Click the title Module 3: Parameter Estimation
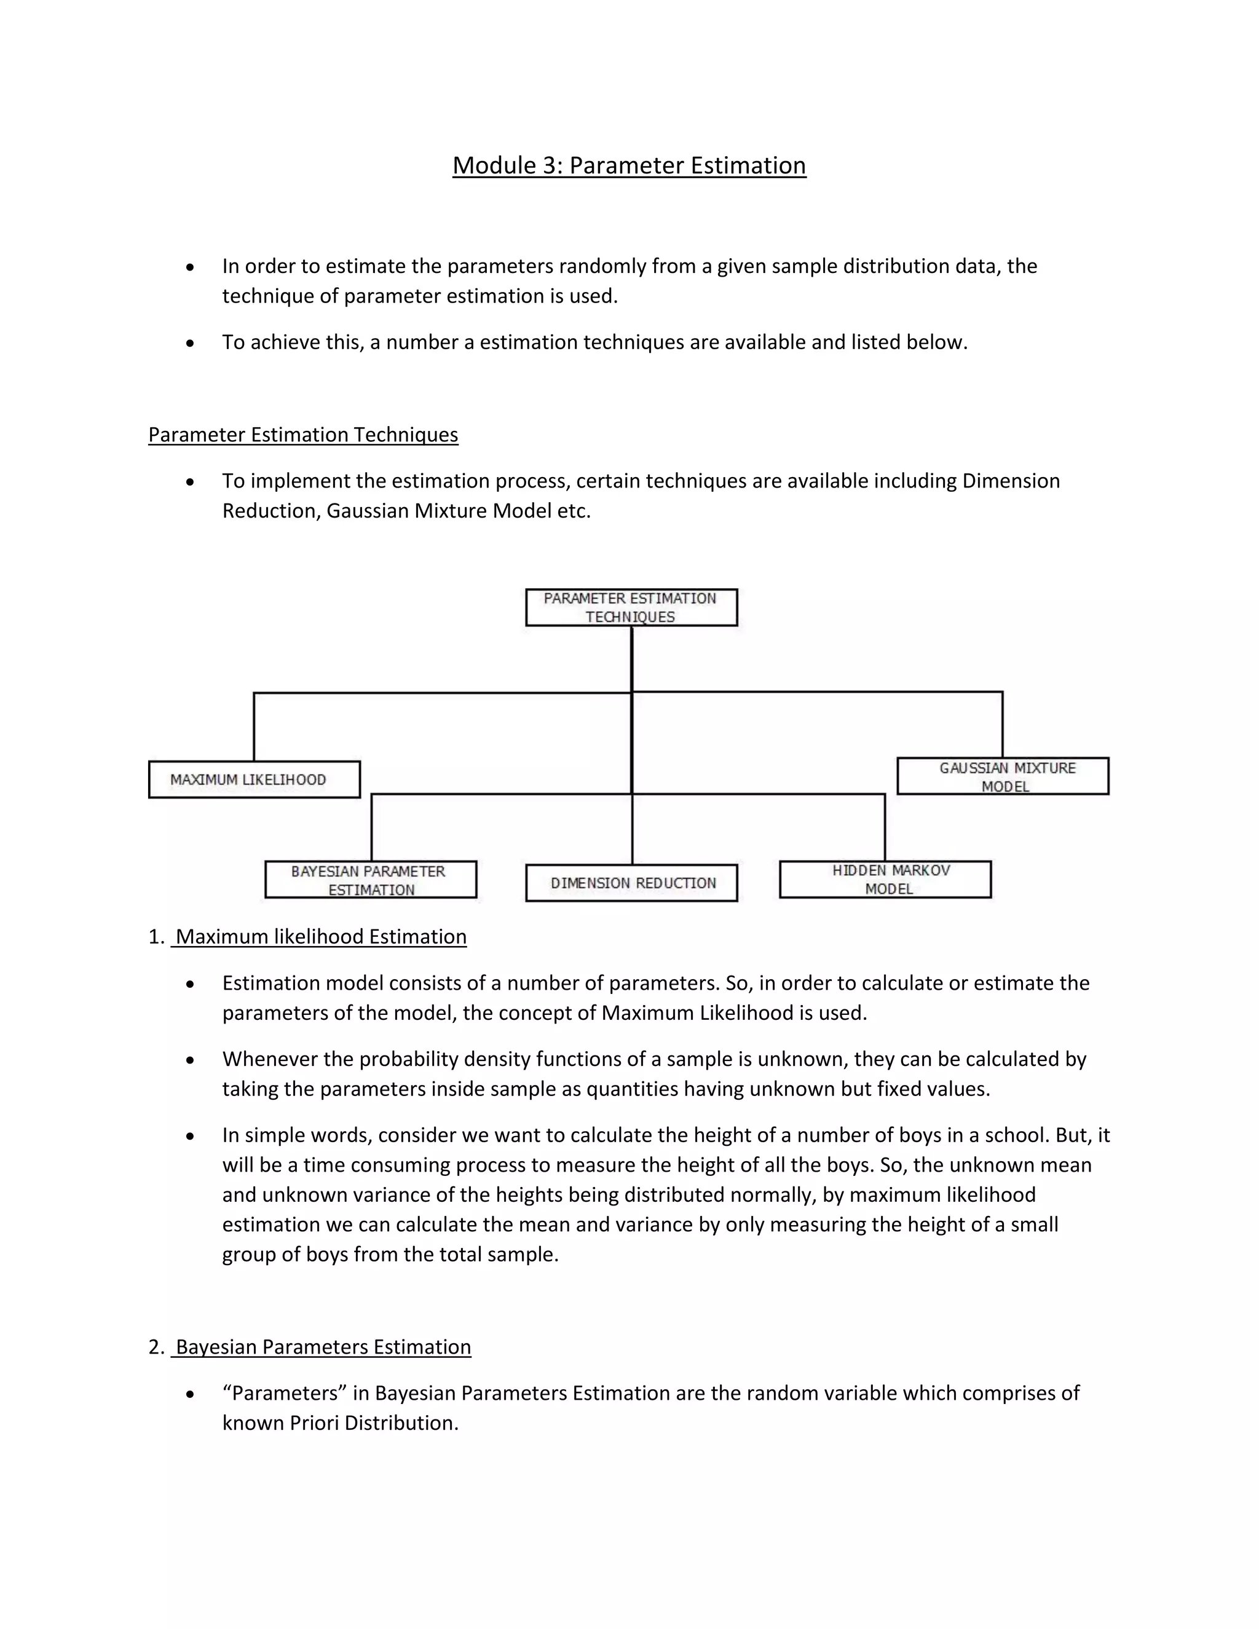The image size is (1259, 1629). (629, 165)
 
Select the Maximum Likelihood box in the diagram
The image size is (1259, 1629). (255, 779)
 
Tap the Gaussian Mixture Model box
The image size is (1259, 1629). (1003, 776)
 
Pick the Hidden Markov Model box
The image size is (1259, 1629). (885, 880)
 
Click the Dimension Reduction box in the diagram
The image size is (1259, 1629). (632, 883)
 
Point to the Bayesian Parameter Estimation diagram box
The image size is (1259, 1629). (371, 880)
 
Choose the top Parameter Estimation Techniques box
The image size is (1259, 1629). (631, 607)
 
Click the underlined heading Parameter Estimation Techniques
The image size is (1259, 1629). (303, 435)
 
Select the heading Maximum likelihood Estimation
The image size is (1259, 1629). (321, 937)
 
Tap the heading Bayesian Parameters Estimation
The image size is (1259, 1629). (323, 1347)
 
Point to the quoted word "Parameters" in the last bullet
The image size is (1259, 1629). (284, 1394)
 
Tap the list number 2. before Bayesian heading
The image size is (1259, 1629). (156, 1347)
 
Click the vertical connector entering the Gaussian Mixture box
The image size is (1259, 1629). (1003, 724)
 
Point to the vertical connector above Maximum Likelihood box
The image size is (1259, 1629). (255, 727)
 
